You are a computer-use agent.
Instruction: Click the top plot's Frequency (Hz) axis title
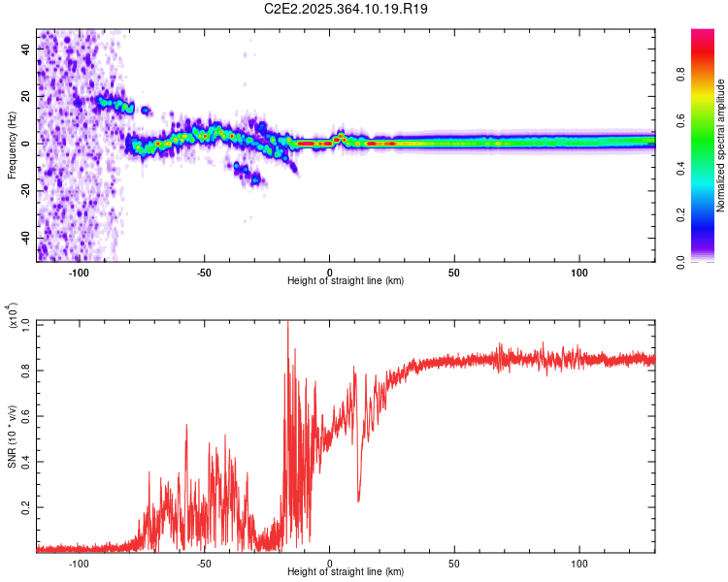12,145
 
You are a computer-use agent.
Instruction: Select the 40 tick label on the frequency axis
27,48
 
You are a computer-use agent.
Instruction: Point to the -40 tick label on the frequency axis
25,238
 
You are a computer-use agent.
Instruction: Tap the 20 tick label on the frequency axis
27,95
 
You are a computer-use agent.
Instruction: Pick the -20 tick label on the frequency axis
25,190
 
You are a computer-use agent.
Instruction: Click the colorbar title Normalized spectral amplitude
720,145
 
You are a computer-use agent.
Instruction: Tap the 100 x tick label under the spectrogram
579,273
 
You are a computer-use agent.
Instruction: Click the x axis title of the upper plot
346,281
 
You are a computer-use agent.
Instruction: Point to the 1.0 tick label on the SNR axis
25,323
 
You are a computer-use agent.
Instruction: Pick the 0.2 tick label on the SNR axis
25,507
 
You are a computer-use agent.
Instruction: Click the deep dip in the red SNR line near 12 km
359,501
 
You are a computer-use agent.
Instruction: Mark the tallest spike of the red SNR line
287,323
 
